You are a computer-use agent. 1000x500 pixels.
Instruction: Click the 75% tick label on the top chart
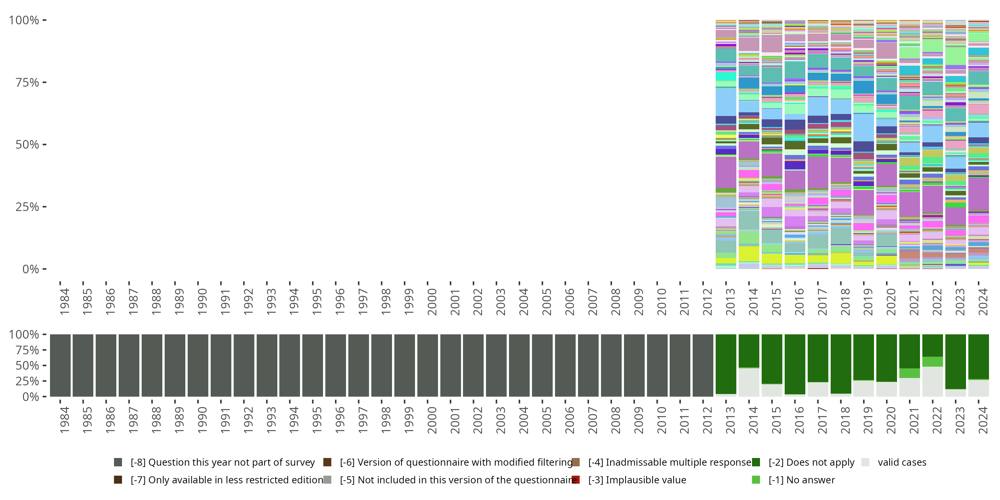(x=27, y=82)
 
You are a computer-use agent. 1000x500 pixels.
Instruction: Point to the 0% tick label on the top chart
(x=30, y=269)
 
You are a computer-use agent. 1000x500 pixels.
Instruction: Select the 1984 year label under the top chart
(x=64, y=302)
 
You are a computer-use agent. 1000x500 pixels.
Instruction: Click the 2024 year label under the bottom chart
(x=983, y=420)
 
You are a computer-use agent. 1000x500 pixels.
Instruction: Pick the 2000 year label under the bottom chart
(x=432, y=420)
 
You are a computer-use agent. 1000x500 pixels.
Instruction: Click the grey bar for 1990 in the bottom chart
(x=198, y=365)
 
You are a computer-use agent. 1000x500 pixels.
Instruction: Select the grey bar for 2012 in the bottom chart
(x=703, y=365)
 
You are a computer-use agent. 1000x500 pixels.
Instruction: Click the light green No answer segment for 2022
(x=932, y=361)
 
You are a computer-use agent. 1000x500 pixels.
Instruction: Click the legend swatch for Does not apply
(x=756, y=462)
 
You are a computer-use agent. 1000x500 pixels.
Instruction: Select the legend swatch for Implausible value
(x=576, y=480)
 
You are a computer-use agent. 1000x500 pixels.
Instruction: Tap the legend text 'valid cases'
(x=902, y=462)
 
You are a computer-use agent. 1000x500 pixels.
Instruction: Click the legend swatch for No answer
(x=756, y=480)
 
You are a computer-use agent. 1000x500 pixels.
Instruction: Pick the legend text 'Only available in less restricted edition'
(x=227, y=480)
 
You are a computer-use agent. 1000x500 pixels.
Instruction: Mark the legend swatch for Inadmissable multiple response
(x=576, y=462)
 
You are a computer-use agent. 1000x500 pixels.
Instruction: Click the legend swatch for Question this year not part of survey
(x=118, y=462)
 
